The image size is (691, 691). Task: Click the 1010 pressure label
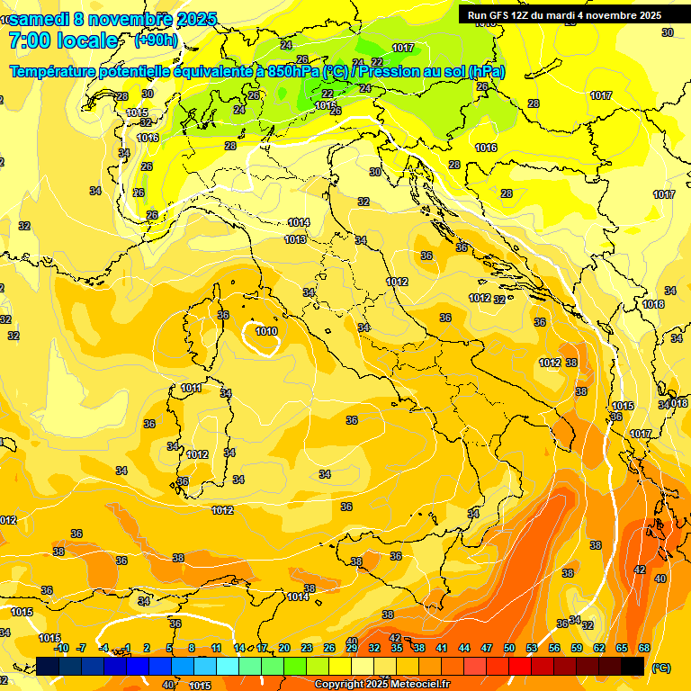click(x=266, y=331)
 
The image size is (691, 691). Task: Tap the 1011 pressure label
click(x=191, y=389)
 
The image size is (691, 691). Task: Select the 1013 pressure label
click(x=295, y=239)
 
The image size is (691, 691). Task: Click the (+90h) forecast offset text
click(x=156, y=40)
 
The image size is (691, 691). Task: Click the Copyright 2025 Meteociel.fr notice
click(x=381, y=685)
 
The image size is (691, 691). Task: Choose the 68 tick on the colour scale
click(x=644, y=648)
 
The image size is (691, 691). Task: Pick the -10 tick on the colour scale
click(x=61, y=648)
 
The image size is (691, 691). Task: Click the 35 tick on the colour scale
click(x=396, y=648)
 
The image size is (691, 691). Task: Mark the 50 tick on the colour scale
click(x=509, y=648)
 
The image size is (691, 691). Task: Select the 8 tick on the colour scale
click(x=192, y=648)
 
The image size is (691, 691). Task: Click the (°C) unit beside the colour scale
click(x=660, y=668)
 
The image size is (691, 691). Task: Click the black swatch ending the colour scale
click(x=633, y=666)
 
